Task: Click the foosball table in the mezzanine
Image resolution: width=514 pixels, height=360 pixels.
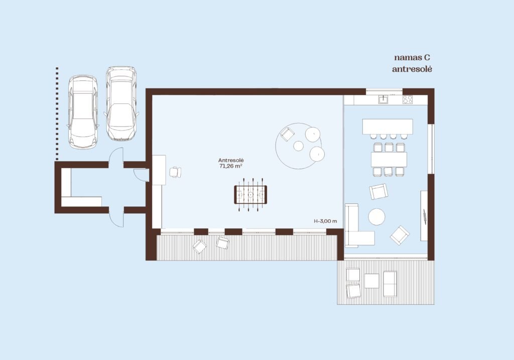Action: click(x=250, y=194)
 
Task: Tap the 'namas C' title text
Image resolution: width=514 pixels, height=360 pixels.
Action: click(x=412, y=58)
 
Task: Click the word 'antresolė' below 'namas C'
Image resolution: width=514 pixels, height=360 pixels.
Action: click(x=412, y=69)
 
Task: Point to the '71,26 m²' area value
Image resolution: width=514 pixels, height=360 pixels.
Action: click(x=231, y=166)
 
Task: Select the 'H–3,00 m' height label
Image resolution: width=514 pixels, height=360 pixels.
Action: click(x=325, y=221)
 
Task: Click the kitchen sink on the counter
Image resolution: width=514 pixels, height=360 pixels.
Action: click(x=383, y=99)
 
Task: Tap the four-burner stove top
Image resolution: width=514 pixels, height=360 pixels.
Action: click(x=408, y=99)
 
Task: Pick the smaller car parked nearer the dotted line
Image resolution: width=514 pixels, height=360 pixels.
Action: click(x=83, y=111)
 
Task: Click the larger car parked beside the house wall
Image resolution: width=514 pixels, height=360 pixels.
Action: click(x=121, y=103)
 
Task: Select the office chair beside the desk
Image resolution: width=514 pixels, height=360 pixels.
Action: click(x=175, y=172)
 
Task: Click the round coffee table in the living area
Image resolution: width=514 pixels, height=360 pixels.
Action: click(x=376, y=217)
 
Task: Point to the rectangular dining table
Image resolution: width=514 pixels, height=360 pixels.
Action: click(x=389, y=160)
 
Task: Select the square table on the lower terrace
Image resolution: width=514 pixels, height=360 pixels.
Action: click(x=371, y=281)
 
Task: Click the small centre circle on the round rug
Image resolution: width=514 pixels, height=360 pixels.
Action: click(x=298, y=146)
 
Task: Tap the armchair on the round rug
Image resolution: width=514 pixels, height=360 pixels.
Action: click(x=288, y=134)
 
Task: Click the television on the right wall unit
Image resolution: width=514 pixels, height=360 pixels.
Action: click(x=425, y=217)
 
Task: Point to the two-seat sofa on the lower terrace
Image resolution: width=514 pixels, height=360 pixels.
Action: click(x=390, y=284)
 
